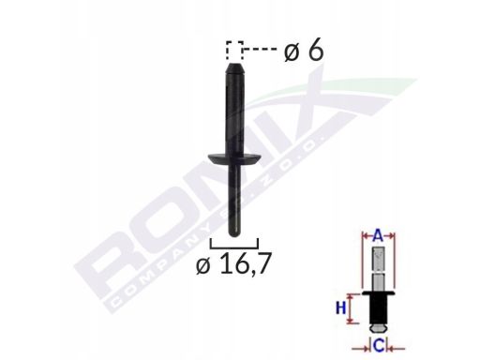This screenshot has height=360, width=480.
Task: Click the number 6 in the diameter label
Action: point(315,51)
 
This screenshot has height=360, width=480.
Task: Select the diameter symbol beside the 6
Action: point(292,52)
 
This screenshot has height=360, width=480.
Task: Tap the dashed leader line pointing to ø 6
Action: point(260,49)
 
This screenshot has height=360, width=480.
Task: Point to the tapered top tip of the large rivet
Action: point(234,68)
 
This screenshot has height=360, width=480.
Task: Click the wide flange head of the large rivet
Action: point(234,159)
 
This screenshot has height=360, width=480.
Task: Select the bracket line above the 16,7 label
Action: point(234,248)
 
